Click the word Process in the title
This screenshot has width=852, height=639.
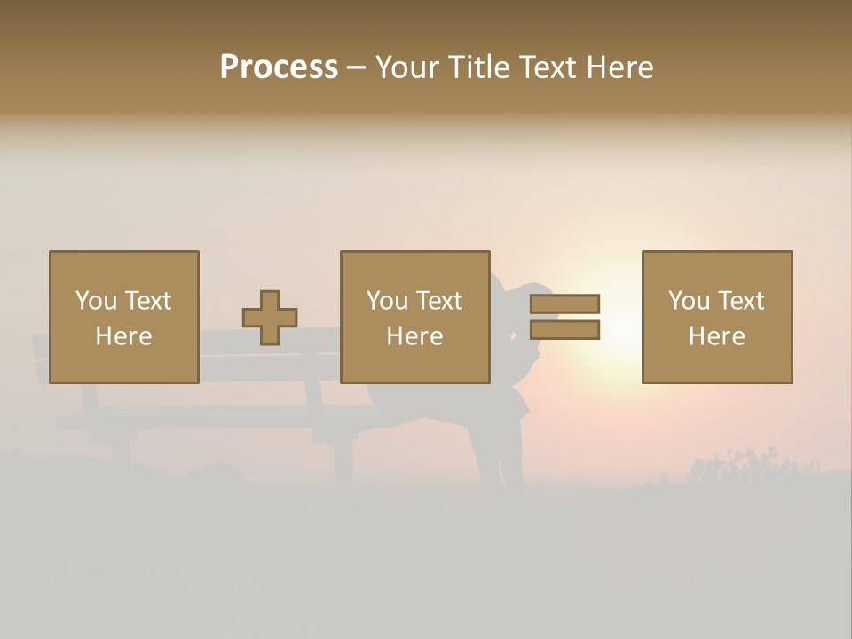point(279,67)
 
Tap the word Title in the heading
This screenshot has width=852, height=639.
point(477,67)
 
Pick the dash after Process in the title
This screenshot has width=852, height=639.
point(356,68)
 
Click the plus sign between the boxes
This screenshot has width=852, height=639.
point(270,318)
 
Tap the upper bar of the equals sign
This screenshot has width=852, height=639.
point(564,304)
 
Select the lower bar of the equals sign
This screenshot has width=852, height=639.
point(564,330)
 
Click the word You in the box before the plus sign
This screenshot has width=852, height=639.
point(96,301)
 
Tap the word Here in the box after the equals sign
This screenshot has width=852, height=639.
point(716,336)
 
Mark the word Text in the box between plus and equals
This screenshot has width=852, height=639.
point(439,301)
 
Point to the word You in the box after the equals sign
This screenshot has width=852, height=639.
point(689,301)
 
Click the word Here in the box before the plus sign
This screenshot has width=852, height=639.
point(123,336)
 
